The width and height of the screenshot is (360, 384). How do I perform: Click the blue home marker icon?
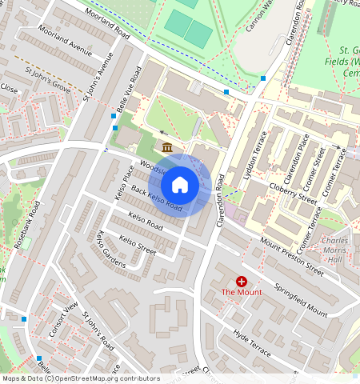[180, 185]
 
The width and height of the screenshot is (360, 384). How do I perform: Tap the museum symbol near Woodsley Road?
[167, 147]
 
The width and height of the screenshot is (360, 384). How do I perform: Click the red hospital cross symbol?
[241, 281]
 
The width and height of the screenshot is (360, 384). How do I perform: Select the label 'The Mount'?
[241, 293]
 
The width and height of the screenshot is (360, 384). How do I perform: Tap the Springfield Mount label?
[301, 299]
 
